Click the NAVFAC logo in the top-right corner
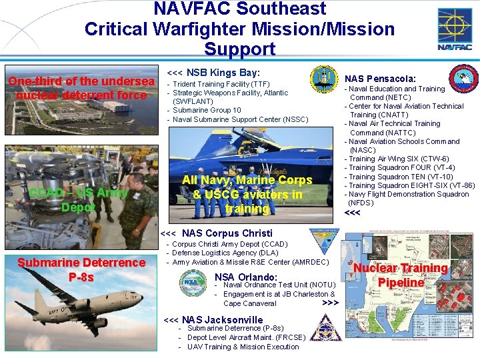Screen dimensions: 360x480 click(x=455, y=29)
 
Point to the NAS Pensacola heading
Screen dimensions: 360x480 click(x=380, y=79)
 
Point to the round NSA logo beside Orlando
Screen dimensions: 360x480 click(x=193, y=283)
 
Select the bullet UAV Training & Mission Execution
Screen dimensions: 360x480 click(x=243, y=346)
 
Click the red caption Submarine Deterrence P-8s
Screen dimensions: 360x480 click(x=81, y=269)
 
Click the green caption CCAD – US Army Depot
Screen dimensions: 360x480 click(x=78, y=200)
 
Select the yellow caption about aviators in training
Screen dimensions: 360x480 click(x=247, y=194)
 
